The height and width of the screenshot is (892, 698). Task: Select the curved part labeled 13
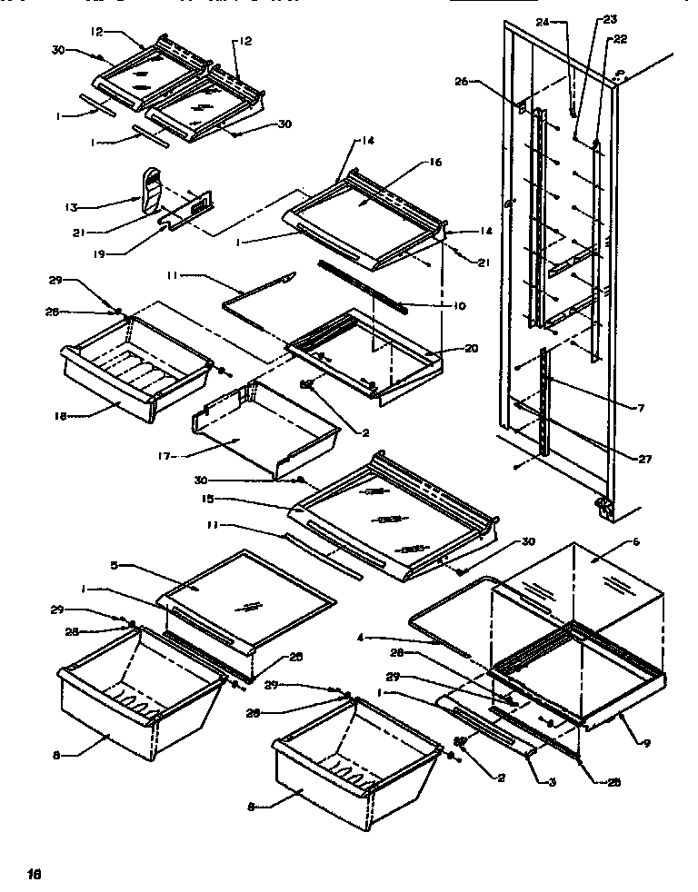click(154, 191)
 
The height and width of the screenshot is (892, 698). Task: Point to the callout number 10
click(459, 306)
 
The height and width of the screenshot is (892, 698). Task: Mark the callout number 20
click(470, 348)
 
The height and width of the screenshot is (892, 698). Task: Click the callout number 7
click(642, 409)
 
